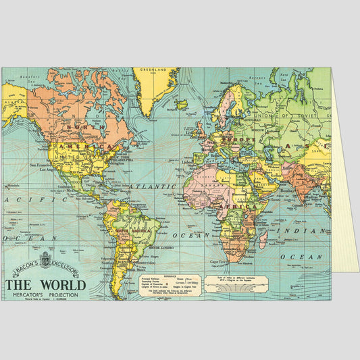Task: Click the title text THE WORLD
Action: pyautogui.click(x=46, y=284)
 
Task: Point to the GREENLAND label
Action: pyautogui.click(x=152, y=70)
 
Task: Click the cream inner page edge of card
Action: pyautogui.click(x=344, y=203)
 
